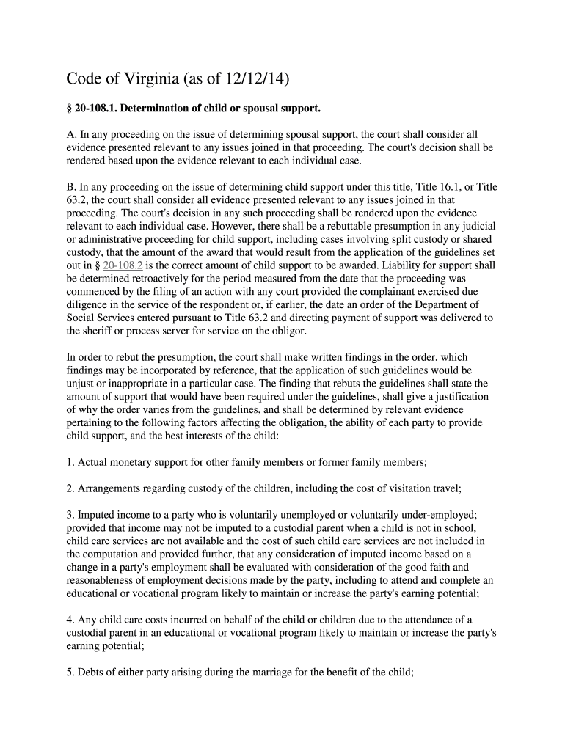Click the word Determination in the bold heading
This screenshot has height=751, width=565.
click(156, 109)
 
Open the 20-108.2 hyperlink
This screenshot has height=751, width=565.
click(127, 265)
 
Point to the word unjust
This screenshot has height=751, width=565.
click(80, 384)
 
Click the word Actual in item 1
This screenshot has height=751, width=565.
click(93, 463)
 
